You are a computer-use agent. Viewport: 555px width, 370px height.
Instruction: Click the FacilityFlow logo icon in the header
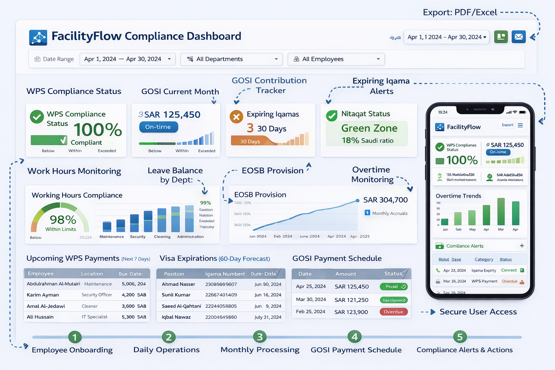point(38,38)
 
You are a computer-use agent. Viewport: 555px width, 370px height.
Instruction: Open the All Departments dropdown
point(231,59)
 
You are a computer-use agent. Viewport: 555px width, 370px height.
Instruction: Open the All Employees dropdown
point(336,59)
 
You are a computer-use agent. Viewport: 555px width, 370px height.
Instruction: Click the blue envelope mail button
point(519,37)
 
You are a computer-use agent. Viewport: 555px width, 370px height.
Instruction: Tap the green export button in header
point(501,37)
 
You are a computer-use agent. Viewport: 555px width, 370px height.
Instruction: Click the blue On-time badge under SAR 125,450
point(158,127)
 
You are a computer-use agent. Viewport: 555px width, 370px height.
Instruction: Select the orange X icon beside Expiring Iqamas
point(236,117)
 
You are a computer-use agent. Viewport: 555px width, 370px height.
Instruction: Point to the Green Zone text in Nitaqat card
point(369,128)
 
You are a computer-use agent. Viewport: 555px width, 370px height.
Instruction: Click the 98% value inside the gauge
point(63,220)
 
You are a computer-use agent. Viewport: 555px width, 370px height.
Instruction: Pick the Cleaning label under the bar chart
point(162,237)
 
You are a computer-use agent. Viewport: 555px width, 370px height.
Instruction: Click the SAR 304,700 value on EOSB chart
point(385,200)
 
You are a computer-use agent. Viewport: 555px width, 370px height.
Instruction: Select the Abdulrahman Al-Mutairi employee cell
point(53,284)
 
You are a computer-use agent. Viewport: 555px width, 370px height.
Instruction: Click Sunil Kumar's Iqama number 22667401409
point(221,295)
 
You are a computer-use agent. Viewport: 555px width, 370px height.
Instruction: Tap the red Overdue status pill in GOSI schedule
point(393,312)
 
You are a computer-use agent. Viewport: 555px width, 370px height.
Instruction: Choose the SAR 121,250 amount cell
point(351,300)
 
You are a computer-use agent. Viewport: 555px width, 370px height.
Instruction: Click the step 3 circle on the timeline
point(259,337)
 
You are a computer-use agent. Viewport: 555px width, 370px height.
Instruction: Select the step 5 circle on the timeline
point(460,337)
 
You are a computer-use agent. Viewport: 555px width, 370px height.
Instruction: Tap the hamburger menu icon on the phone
point(520,125)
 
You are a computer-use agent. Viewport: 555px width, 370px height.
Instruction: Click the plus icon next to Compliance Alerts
point(522,246)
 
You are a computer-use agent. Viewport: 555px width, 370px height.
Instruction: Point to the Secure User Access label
point(478,312)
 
